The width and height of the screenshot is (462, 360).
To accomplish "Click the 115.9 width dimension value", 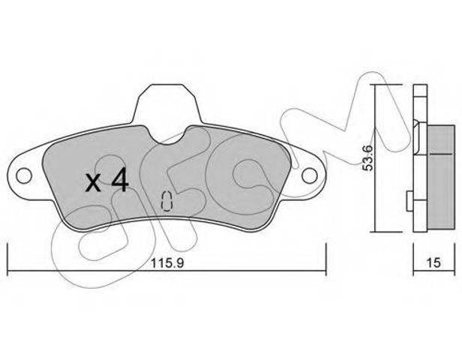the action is click(167, 262).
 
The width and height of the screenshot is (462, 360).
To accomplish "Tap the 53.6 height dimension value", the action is click(368, 158).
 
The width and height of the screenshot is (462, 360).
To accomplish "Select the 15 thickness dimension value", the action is click(433, 262).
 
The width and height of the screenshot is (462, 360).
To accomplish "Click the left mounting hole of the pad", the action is click(24, 176).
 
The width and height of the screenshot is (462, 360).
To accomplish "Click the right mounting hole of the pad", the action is click(309, 176).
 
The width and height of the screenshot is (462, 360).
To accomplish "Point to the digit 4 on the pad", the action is click(120, 180).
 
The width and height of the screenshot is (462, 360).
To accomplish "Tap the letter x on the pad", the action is click(93, 183).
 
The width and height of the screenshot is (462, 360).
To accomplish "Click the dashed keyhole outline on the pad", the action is click(166, 201).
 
